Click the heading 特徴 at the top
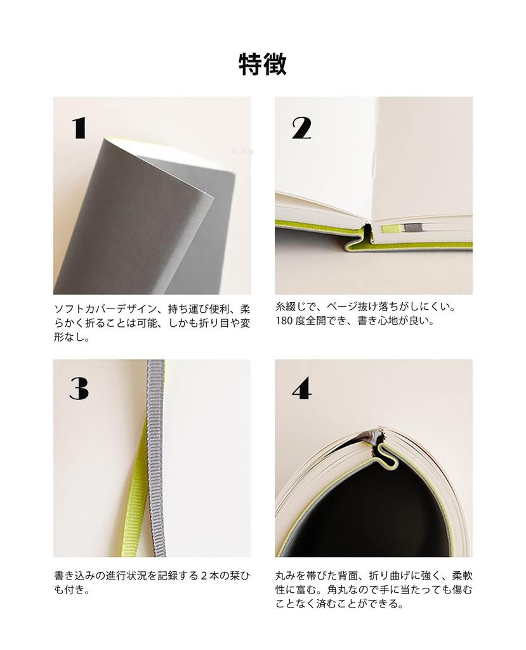[263, 64]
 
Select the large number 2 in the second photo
[301, 128]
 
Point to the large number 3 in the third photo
[79, 388]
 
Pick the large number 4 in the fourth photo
[301, 388]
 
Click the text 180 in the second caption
[283, 321]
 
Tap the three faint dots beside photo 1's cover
[242, 152]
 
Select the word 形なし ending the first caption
[71, 337]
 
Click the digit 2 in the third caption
[204, 576]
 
